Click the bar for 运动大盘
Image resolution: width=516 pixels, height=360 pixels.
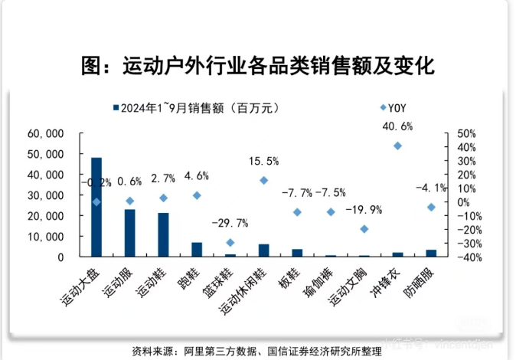pyautogui.click(x=96, y=207)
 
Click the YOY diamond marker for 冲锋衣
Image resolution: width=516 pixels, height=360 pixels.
pyautogui.click(x=397, y=146)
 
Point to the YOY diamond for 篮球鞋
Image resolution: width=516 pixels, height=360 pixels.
pyautogui.click(x=230, y=243)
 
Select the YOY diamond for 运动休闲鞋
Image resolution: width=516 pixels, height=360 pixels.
pyautogui.click(x=264, y=180)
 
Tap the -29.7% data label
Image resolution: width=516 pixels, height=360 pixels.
pyautogui.click(x=230, y=224)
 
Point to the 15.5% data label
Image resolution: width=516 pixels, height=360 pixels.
pyautogui.click(x=264, y=161)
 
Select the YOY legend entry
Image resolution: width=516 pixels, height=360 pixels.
pyautogui.click(x=394, y=108)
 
